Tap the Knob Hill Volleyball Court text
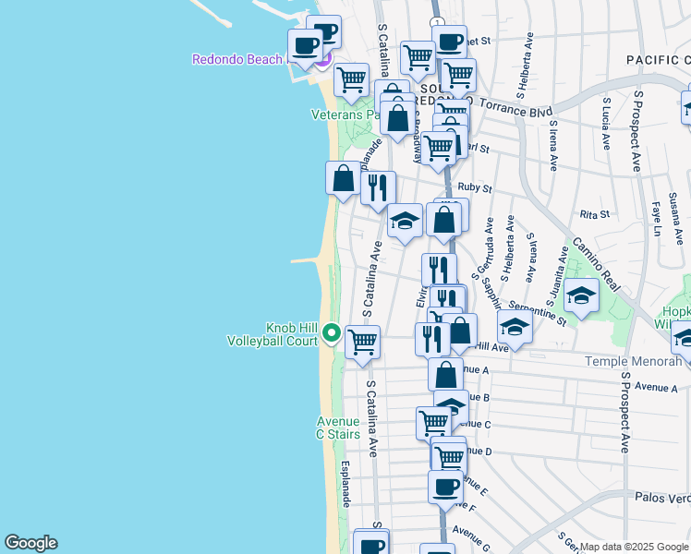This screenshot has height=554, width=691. tap(272, 334)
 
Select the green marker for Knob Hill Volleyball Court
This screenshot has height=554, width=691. tap(331, 333)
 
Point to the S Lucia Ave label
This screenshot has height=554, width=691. tap(606, 124)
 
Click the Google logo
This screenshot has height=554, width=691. tap(30, 543)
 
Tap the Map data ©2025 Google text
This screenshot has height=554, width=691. tap(634, 547)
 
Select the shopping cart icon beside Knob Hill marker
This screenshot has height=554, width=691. tap(362, 341)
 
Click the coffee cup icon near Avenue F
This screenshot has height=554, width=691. tap(445, 487)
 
